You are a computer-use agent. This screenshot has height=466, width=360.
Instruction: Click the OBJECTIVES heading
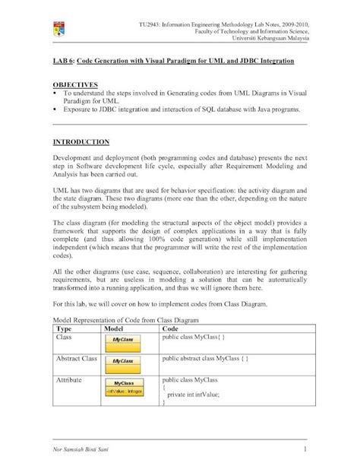click(x=75, y=86)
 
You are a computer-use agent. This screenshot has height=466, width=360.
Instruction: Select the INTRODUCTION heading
click(x=81, y=142)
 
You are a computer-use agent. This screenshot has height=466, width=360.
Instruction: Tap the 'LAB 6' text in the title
click(x=64, y=59)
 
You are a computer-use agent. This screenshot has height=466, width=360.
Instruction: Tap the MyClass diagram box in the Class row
click(x=123, y=339)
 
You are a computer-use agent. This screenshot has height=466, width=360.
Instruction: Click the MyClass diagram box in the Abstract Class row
click(x=123, y=360)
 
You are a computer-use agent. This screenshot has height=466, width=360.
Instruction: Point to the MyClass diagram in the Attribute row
click(x=123, y=388)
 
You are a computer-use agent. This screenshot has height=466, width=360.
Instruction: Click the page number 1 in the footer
click(x=304, y=439)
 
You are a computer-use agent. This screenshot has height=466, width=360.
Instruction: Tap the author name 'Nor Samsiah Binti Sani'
click(x=89, y=439)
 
